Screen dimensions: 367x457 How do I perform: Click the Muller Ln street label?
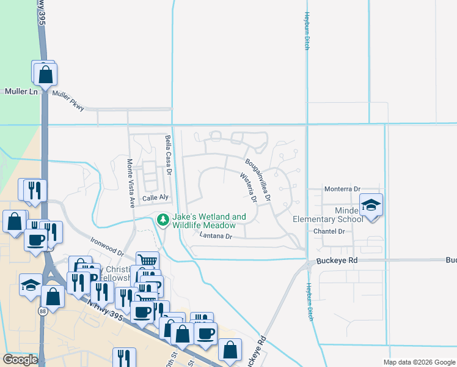coord(21,91)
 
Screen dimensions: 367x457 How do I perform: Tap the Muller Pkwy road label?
coord(67,98)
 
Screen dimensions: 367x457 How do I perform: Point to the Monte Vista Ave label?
coord(130,183)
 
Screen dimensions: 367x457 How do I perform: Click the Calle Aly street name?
coord(155,198)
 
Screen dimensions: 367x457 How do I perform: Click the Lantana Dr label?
coord(216,236)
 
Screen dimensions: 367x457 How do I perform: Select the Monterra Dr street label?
coord(343,189)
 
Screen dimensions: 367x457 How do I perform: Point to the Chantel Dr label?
coord(329,231)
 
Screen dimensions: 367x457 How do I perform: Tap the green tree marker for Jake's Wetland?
coord(163,220)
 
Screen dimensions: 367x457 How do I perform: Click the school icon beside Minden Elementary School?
coord(371,205)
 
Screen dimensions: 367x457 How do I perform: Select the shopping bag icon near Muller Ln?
coord(45,74)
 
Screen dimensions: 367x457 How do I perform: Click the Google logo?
coord(20,359)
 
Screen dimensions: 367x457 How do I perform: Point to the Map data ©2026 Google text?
coord(419,362)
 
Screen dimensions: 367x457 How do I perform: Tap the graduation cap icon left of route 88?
coord(31,284)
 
